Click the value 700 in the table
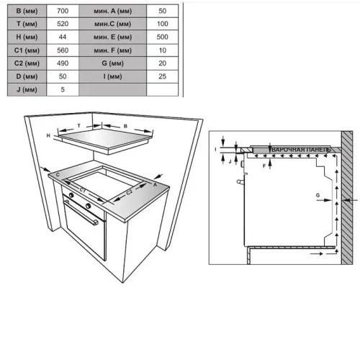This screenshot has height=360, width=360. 63,11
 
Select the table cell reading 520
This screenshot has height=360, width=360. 63,24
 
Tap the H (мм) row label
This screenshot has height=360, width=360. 27,37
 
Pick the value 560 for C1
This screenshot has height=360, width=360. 63,50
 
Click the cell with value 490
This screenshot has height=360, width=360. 63,63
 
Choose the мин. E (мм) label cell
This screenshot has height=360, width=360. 112,37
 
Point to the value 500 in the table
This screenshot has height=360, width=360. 163,37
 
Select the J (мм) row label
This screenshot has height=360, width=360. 27,90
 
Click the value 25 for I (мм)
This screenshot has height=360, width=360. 163,76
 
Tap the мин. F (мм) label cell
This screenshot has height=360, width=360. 112,50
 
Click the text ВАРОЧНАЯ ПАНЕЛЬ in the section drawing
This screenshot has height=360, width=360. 301,150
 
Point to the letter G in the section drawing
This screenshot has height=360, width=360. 318,195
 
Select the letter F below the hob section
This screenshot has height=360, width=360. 264,166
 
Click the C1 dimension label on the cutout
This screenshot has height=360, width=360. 83,190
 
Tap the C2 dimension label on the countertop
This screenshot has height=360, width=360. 129,192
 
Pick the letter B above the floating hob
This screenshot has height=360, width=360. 125,126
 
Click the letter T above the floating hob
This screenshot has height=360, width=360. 78,125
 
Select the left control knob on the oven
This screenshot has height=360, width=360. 71,195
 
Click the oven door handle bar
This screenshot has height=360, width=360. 81,212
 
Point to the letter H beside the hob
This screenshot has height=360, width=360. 48,135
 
